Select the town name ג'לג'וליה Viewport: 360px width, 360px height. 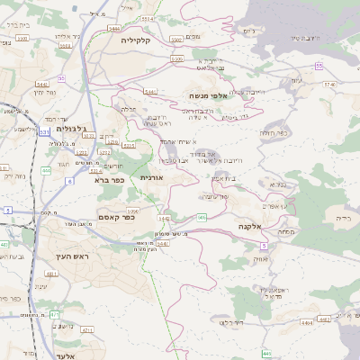click(x=70, y=129)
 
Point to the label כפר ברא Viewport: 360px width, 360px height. click(x=107, y=179)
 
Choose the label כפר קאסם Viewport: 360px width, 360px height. click(x=116, y=216)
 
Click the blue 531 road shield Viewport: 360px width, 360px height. click(x=45, y=131)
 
